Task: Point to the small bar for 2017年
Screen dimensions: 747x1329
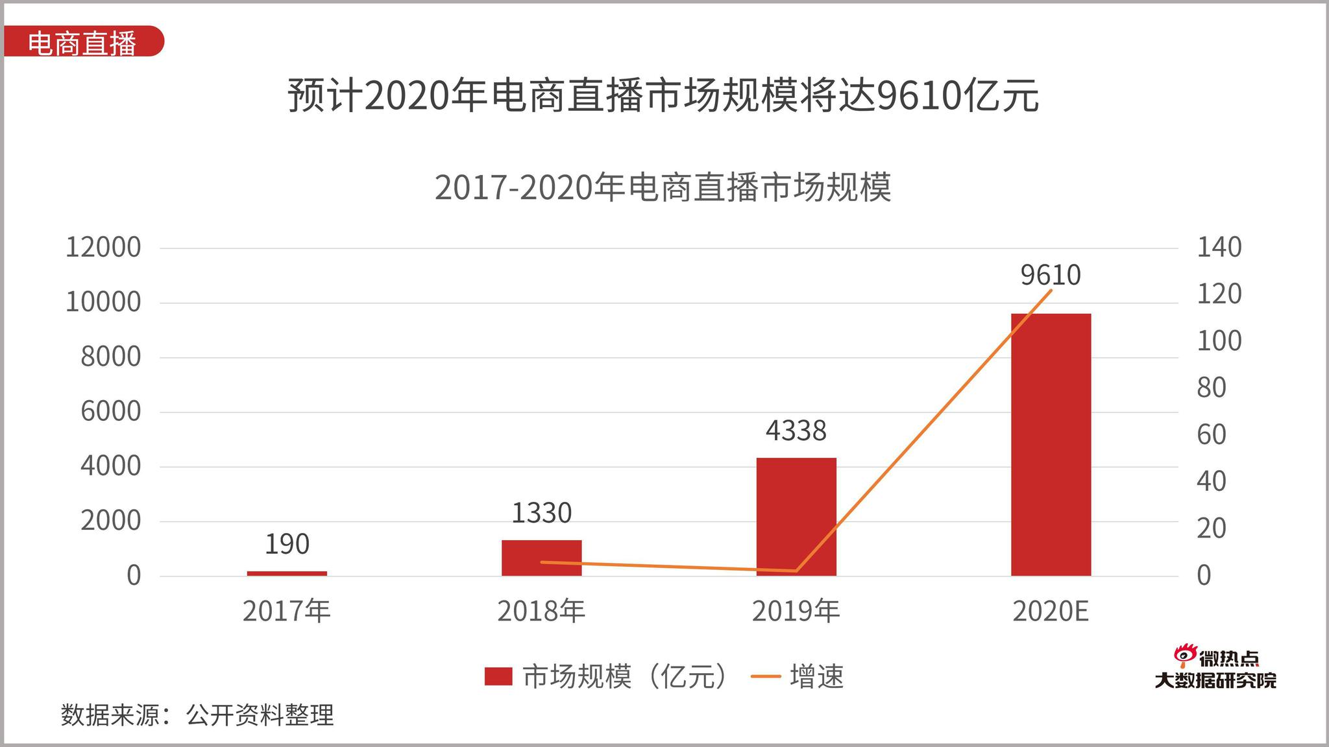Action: [287, 573]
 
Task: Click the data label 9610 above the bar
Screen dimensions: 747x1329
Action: [1050, 275]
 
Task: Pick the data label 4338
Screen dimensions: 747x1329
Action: [796, 431]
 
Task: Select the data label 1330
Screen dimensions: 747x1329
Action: [541, 514]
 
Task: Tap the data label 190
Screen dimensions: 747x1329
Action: [287, 544]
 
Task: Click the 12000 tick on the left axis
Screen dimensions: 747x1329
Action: [103, 248]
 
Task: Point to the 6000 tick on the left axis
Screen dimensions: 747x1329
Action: [110, 412]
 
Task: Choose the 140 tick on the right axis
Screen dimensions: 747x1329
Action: [1219, 248]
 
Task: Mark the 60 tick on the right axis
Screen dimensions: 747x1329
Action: [1211, 435]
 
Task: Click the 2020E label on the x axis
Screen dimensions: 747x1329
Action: [1050, 611]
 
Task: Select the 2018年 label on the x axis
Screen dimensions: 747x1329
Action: [541, 611]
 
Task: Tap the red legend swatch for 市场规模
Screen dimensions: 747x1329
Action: [498, 676]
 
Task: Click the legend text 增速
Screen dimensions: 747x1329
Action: [816, 676]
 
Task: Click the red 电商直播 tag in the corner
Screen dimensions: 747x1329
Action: [82, 43]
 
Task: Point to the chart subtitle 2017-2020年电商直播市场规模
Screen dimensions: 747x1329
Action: [663, 187]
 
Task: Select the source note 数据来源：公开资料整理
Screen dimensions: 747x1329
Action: [197, 715]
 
